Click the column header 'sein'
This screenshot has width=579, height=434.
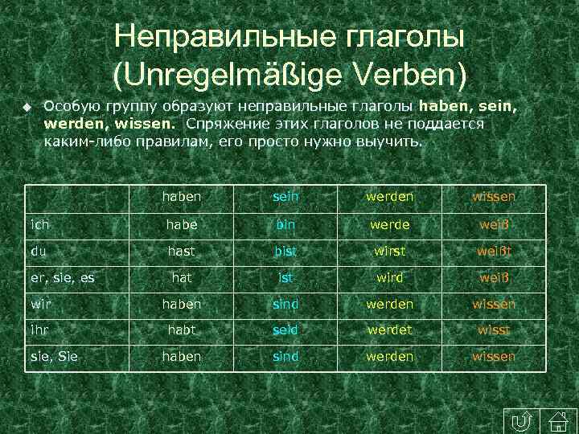coord(285,197)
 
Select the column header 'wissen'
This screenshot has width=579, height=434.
coord(494,197)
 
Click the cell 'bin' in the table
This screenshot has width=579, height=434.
coord(285,224)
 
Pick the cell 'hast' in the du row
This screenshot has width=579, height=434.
coord(181,251)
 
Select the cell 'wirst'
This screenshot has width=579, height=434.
coord(389,251)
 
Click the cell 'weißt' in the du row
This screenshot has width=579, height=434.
coord(494,251)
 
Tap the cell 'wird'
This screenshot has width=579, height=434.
coord(389,277)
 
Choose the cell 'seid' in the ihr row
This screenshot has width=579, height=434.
coord(285,330)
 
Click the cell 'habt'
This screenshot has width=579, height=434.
coord(181,330)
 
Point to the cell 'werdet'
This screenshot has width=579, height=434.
coord(389,330)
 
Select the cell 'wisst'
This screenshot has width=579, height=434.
coord(494,330)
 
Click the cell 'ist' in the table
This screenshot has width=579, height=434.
coord(285,277)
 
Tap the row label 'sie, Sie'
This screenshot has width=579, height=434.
coord(55,356)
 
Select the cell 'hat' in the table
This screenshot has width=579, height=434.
coord(181,277)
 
